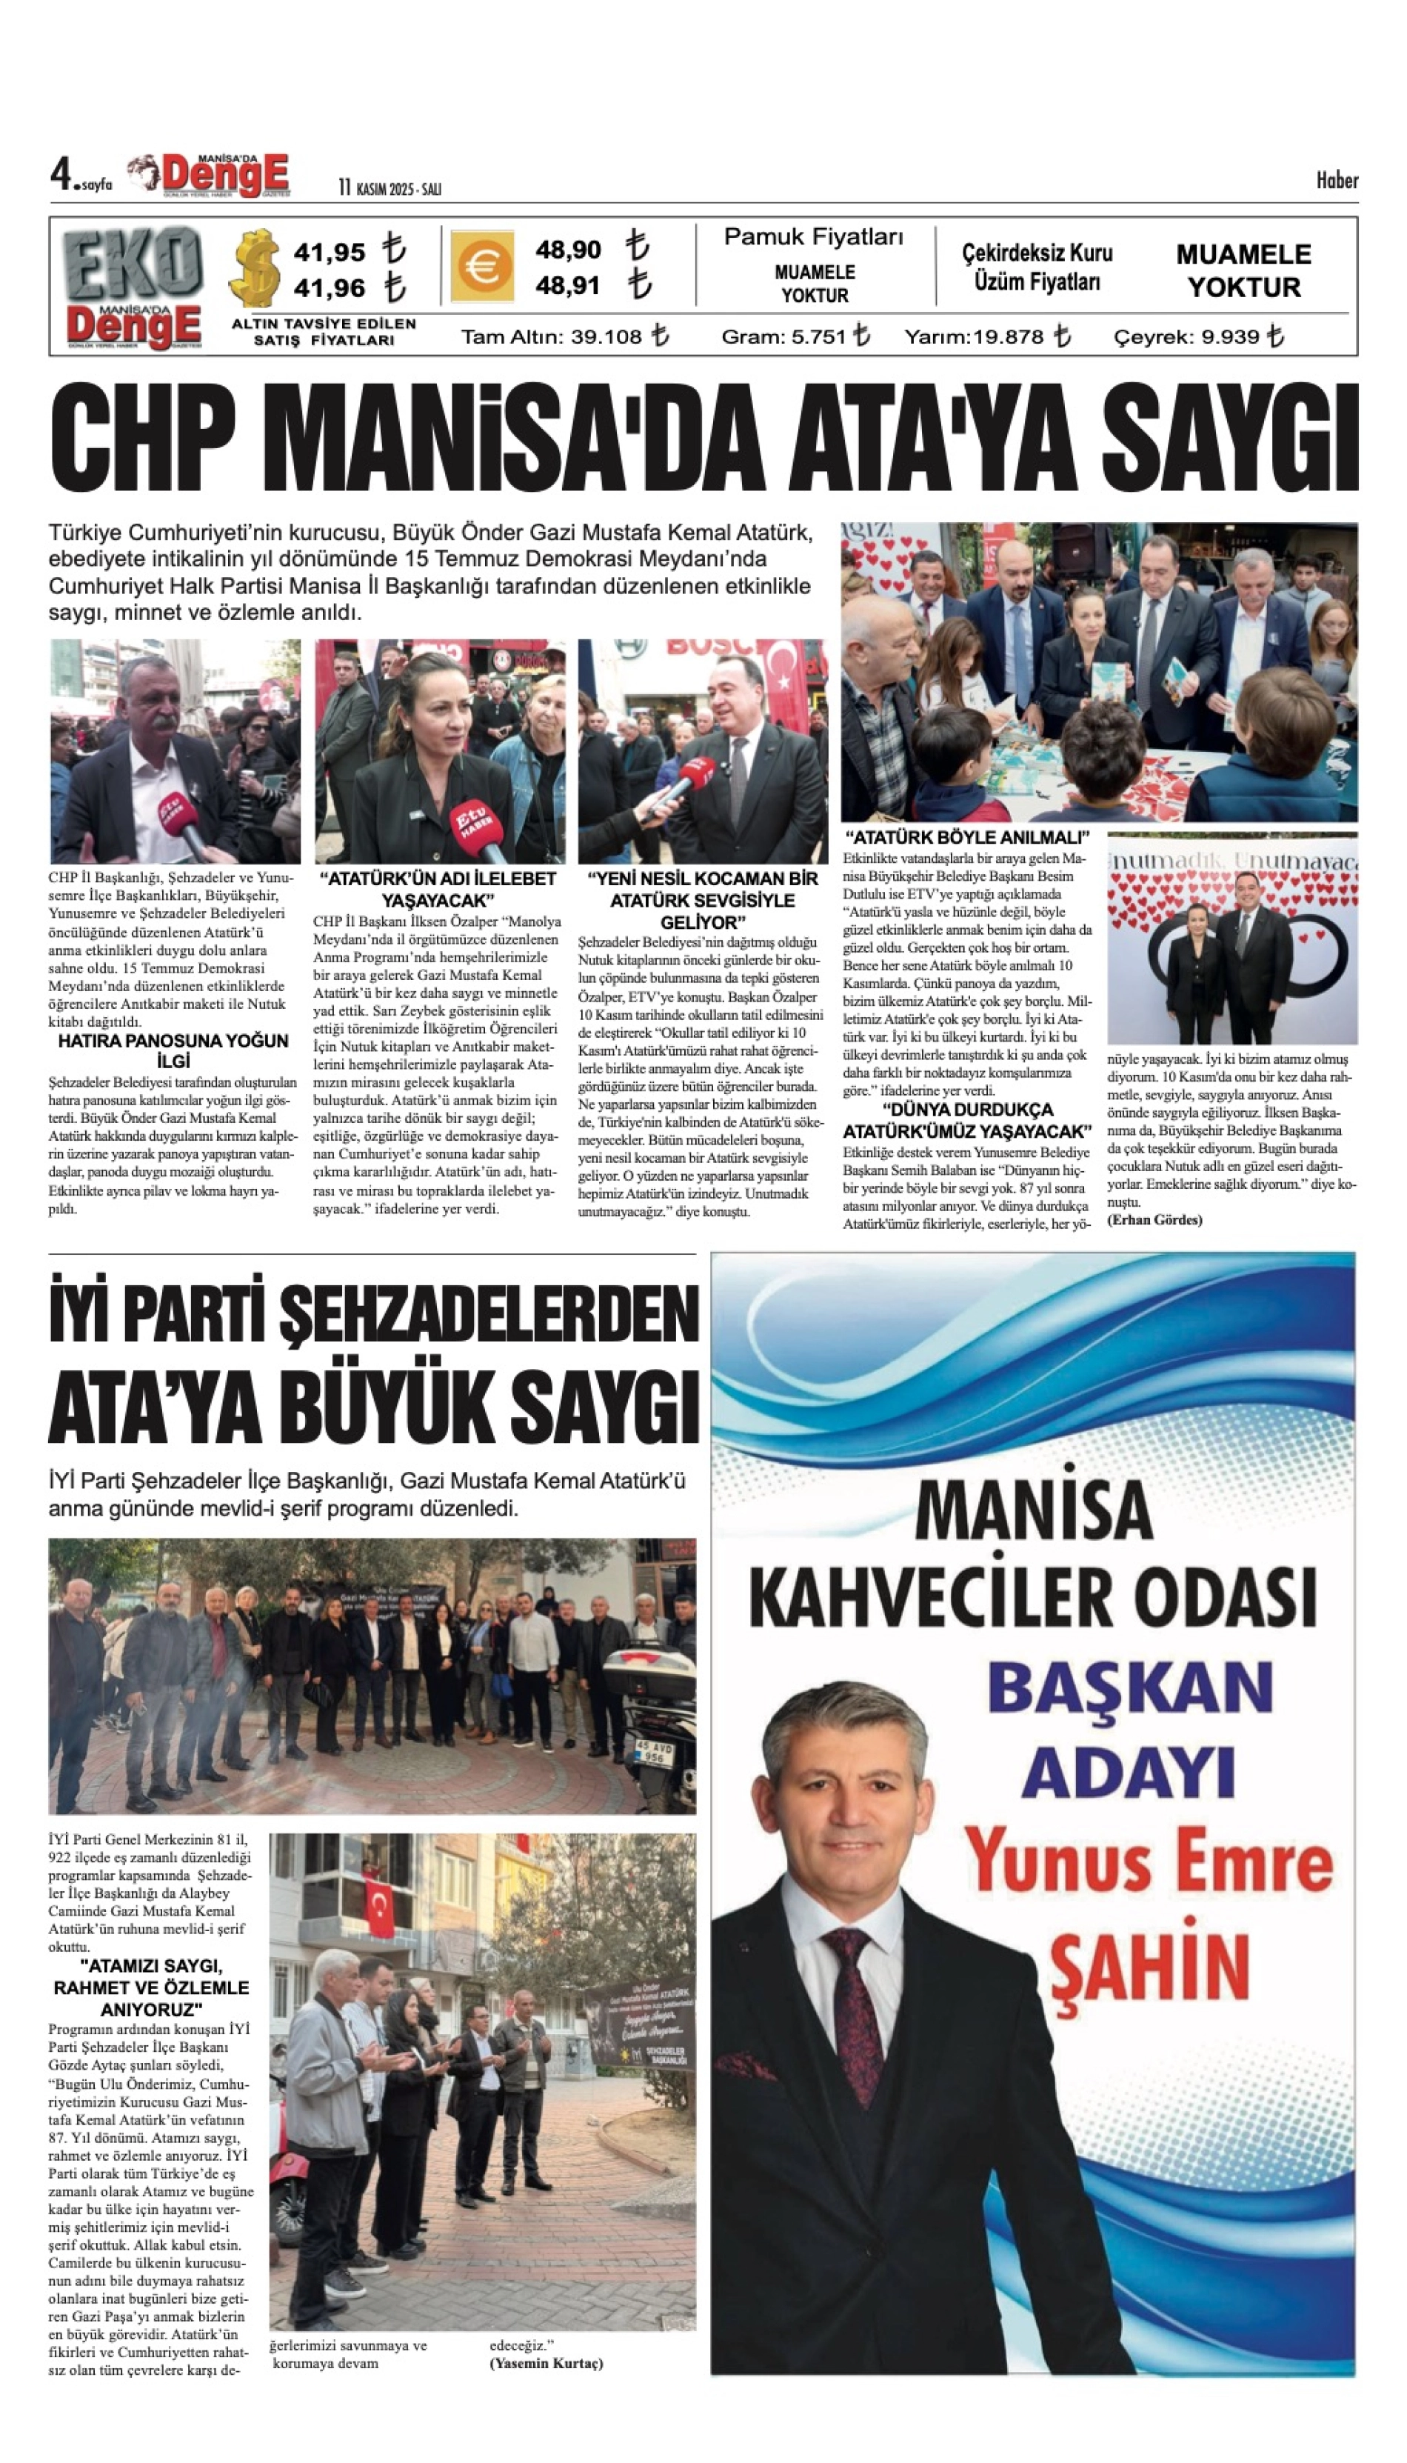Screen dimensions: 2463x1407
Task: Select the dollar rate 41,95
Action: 330,253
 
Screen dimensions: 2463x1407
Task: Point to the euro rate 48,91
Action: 568,286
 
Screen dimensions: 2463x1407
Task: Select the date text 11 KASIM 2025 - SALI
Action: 390,188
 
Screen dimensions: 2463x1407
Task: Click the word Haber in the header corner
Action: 1337,181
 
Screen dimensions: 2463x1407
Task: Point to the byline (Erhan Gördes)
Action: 1154,1220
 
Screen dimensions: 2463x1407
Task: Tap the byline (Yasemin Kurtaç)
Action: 546,2364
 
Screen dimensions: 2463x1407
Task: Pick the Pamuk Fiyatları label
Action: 814,237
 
